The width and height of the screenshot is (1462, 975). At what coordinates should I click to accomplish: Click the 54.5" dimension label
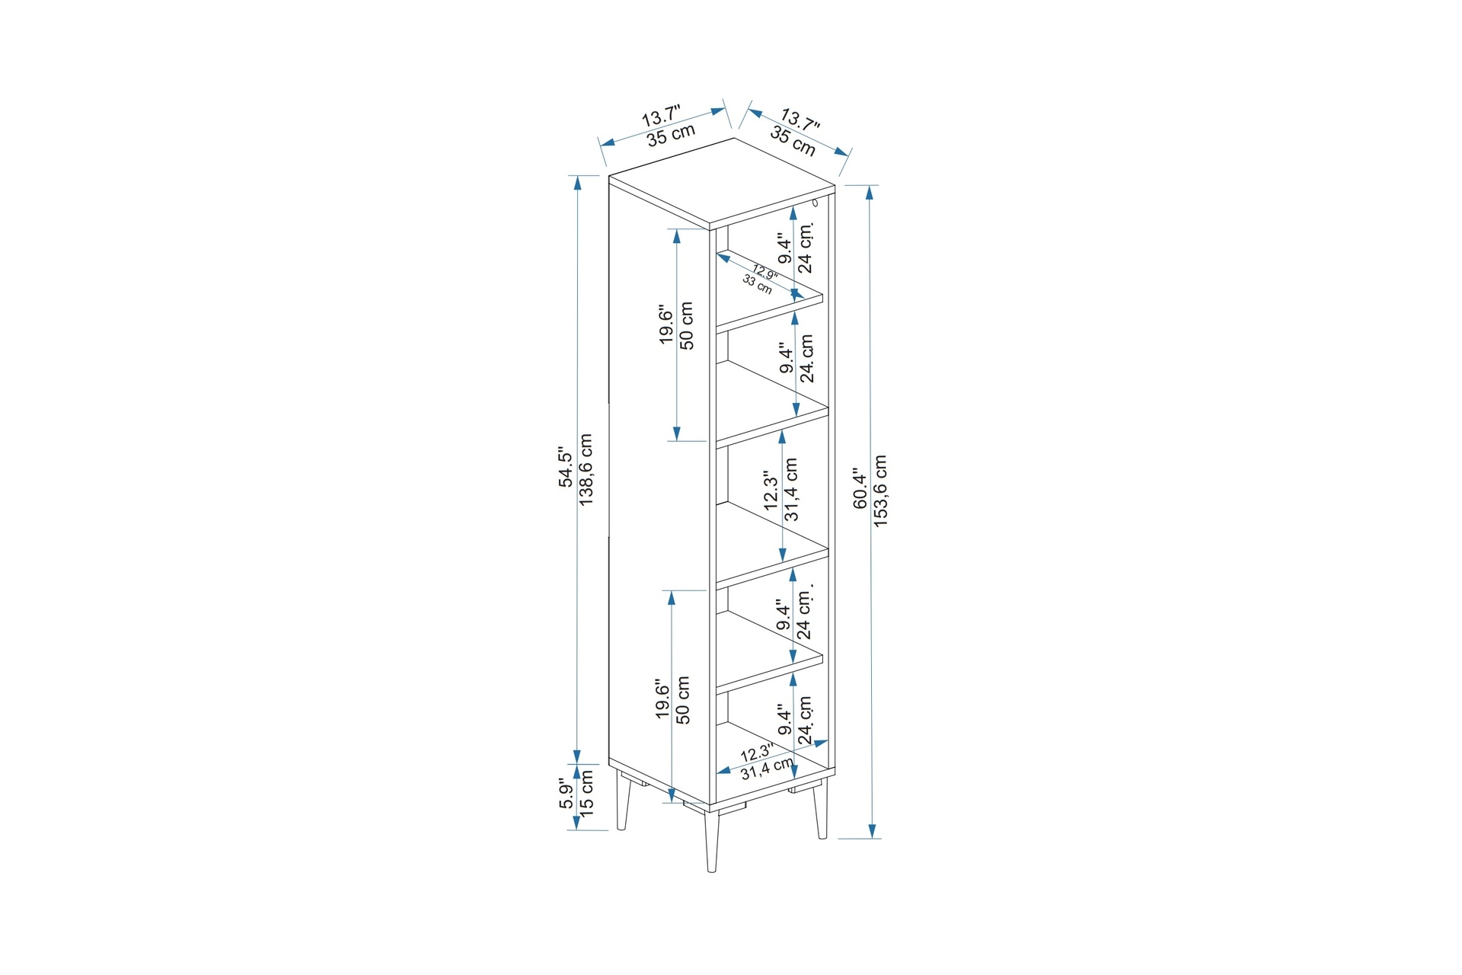coord(566,467)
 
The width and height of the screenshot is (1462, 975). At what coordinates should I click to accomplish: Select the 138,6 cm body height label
coord(586,469)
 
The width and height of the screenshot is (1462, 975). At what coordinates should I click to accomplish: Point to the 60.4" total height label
coord(860,488)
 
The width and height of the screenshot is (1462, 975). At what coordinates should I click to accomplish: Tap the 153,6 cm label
coord(880,491)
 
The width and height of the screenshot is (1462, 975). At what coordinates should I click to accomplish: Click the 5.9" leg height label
coord(566,794)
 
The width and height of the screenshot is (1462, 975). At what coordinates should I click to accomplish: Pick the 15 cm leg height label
coord(586,794)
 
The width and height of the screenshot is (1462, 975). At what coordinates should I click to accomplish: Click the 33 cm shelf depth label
coord(757,284)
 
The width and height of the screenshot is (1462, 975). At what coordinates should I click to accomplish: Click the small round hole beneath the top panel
coord(815,203)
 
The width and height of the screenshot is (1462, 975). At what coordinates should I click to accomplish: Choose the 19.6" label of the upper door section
coord(666,326)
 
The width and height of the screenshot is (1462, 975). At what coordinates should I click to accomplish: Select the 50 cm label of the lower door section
coord(683,700)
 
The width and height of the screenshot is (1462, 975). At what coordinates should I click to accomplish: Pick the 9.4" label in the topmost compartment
coord(785,248)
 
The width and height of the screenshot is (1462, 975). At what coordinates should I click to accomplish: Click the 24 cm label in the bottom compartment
coord(805,720)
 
